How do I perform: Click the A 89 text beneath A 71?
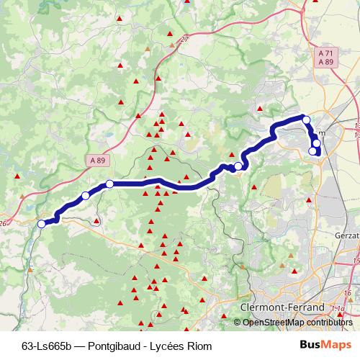(325, 63)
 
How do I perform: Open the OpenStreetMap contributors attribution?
(298, 323)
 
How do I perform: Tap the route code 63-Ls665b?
(45, 345)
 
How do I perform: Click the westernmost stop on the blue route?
(41, 224)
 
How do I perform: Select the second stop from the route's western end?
(86, 196)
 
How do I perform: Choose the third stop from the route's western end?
(109, 184)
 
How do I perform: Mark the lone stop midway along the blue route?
(238, 166)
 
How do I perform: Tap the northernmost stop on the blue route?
(306, 120)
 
